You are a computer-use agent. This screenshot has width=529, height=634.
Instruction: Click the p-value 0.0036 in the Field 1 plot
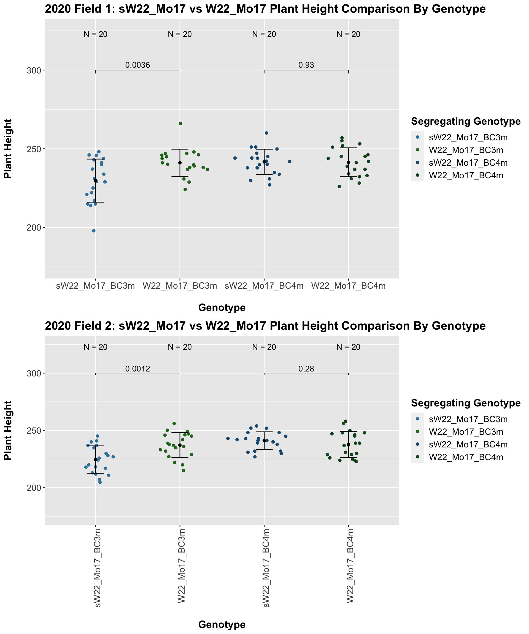pyautogui.click(x=137, y=65)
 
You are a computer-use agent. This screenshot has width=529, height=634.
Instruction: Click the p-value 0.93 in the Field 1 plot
pyautogui.click(x=306, y=65)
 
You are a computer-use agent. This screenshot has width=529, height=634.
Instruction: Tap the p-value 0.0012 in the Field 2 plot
pyautogui.click(x=137, y=369)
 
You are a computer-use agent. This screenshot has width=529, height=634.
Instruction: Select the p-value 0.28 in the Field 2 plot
pyautogui.click(x=306, y=369)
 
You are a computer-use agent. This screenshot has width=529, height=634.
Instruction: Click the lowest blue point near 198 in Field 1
pyautogui.click(x=94, y=231)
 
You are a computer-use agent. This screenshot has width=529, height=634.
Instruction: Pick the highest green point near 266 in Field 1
pyautogui.click(x=180, y=124)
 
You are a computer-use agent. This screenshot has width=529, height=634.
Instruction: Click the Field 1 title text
pyautogui.click(x=265, y=9)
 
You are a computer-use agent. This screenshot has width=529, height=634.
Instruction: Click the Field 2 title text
pyautogui.click(x=265, y=326)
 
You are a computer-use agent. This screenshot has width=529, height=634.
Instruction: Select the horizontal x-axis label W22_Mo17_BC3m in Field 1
pyautogui.click(x=180, y=286)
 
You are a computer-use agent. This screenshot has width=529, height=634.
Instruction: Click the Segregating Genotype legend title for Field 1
pyautogui.click(x=466, y=121)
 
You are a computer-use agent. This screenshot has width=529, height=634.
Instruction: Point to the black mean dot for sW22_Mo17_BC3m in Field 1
pyautogui.click(x=96, y=181)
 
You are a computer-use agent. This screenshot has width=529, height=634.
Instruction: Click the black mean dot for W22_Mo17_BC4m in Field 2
pyautogui.click(x=349, y=444)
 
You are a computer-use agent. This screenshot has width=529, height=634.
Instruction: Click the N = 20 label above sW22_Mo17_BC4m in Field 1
pyautogui.click(x=264, y=34)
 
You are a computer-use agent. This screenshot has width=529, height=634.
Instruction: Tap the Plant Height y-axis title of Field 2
pyautogui.click(x=8, y=430)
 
